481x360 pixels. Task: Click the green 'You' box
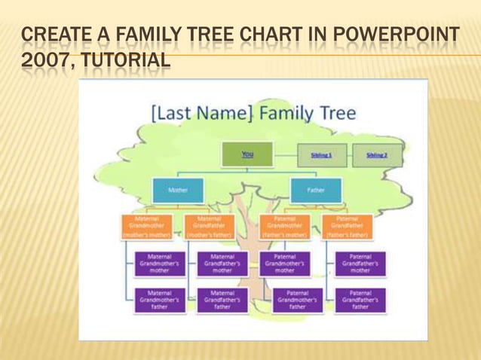(x=247, y=154)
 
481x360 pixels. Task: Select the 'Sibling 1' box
(x=322, y=155)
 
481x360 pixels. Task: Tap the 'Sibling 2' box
(x=377, y=155)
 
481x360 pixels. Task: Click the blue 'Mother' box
(x=178, y=191)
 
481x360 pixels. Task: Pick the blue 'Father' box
(x=316, y=191)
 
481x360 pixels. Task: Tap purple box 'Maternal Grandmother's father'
(x=159, y=300)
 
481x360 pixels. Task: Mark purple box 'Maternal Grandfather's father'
(x=222, y=300)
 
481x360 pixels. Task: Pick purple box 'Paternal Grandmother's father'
(x=297, y=300)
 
